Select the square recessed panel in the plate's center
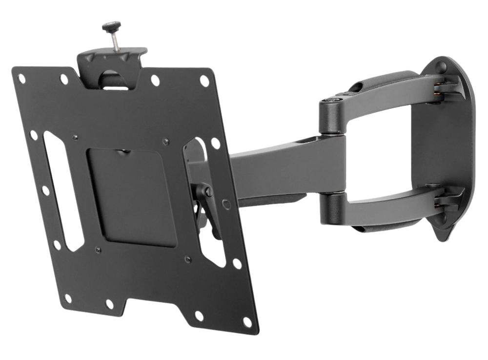131,194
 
